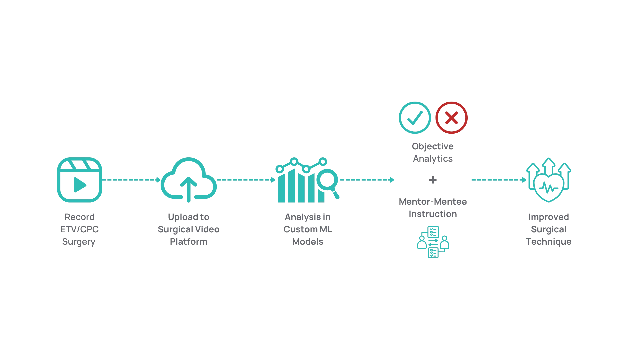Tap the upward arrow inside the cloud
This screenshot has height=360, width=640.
189,188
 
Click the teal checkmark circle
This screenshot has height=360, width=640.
414,118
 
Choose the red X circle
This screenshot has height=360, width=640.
451,118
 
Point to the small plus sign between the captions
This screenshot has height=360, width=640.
433,180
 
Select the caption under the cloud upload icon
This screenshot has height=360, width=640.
189,230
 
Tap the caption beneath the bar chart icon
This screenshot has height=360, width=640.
307,230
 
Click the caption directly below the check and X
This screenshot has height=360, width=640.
432,153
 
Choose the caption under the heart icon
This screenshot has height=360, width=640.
549,230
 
